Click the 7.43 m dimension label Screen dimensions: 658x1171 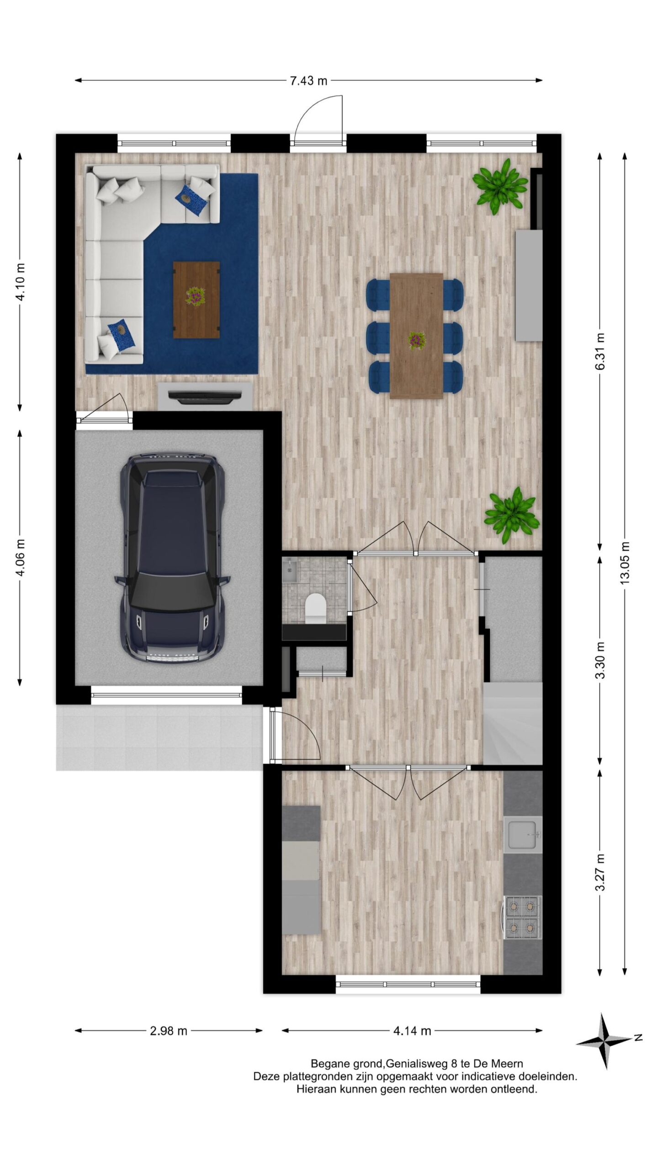tap(309, 81)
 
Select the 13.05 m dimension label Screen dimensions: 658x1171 tap(625, 563)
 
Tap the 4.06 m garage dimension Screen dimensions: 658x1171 tap(20, 558)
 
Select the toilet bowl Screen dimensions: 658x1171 tap(315, 607)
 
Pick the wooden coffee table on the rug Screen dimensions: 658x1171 tap(196, 300)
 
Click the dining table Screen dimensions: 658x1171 tap(416, 336)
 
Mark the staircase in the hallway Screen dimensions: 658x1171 tap(513, 723)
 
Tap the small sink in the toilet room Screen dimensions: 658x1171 tap(290, 570)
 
